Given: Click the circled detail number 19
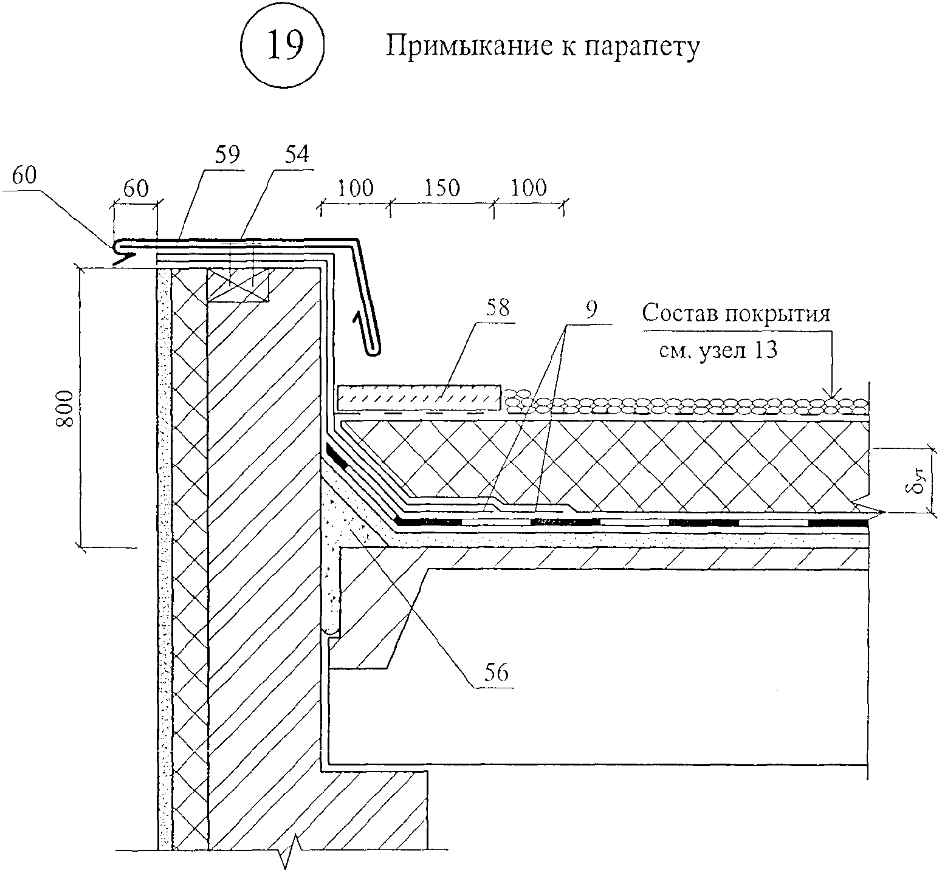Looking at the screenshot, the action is pos(283,47).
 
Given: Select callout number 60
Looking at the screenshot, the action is pos(24,175).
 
